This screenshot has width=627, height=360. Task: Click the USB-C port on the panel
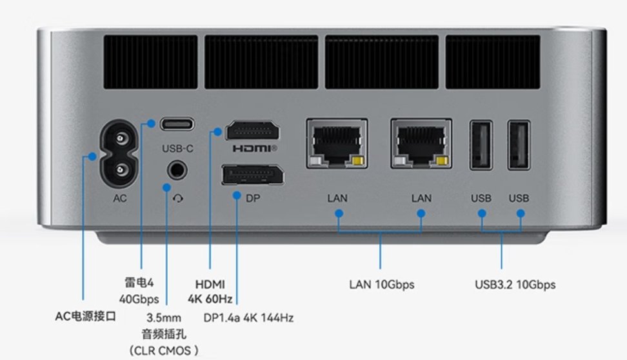177,124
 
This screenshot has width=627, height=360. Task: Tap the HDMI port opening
252,131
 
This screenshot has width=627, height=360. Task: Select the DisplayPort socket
253,175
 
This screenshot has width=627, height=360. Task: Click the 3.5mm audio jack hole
177,170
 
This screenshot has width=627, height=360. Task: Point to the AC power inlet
119,153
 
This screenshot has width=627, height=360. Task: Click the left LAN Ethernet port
337,143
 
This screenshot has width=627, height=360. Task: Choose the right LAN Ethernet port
421,143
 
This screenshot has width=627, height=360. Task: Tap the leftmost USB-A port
481,145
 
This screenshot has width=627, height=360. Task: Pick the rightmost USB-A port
519,145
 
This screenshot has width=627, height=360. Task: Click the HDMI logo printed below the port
255,149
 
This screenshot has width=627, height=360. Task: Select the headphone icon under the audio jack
178,199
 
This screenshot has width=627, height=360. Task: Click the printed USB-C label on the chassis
177,148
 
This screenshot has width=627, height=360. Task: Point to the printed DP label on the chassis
253,198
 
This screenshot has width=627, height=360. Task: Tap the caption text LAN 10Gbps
382,285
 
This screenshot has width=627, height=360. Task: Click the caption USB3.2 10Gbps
515,285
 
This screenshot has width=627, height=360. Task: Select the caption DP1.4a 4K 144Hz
249,317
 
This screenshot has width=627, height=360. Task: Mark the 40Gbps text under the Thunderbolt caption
139,299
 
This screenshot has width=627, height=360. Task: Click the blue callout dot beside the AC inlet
92,156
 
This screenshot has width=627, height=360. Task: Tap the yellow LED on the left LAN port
358,161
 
